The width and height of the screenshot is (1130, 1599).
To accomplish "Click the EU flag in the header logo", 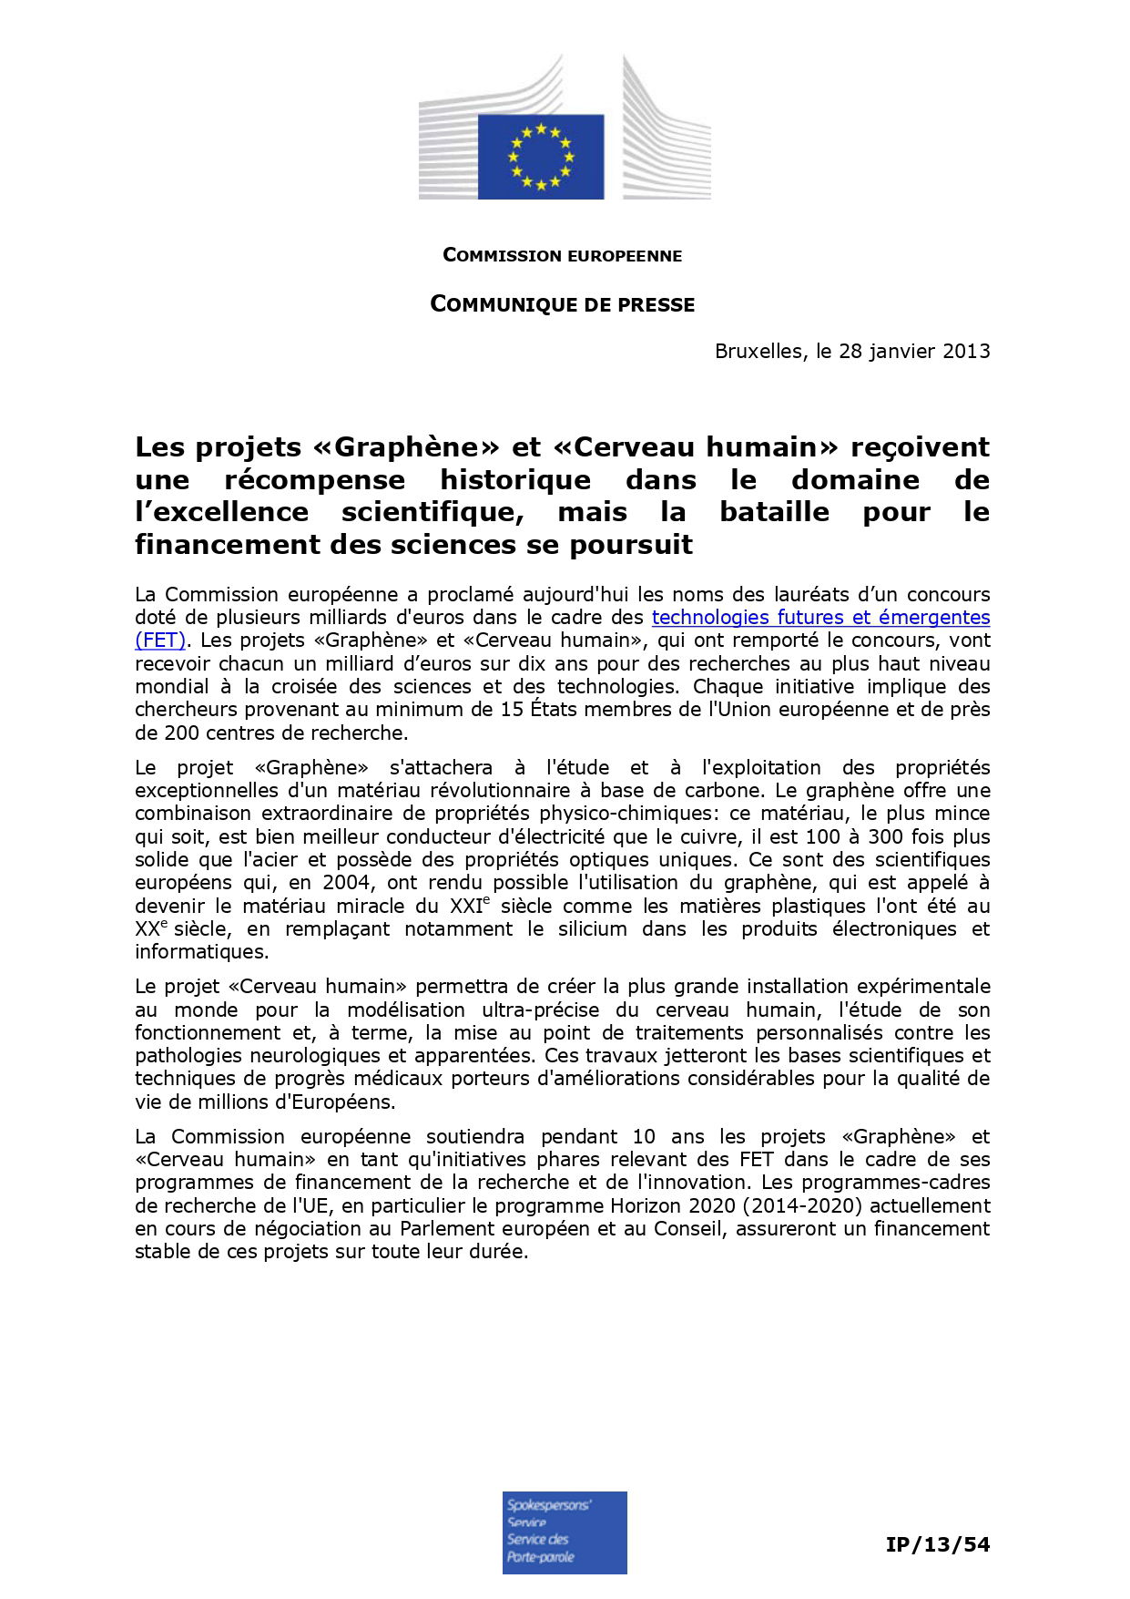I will click(x=541, y=156).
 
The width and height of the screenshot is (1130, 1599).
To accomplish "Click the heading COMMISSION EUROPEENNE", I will click(x=562, y=256).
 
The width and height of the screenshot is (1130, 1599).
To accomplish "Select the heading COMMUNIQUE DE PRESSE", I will click(x=562, y=304).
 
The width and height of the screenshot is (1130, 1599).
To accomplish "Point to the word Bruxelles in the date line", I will click(x=758, y=352).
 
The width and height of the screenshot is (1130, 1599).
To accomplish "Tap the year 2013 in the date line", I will click(x=966, y=352).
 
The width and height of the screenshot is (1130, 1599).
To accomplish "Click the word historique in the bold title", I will click(x=515, y=480).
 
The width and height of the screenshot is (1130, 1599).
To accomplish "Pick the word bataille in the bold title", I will click(x=774, y=512).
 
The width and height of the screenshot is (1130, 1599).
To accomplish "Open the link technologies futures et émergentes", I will click(x=820, y=618).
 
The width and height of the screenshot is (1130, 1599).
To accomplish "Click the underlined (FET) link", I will click(x=160, y=641).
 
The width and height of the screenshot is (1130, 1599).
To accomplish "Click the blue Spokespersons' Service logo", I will click(x=565, y=1532).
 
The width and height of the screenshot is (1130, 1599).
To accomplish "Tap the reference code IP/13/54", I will click(x=937, y=1544).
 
